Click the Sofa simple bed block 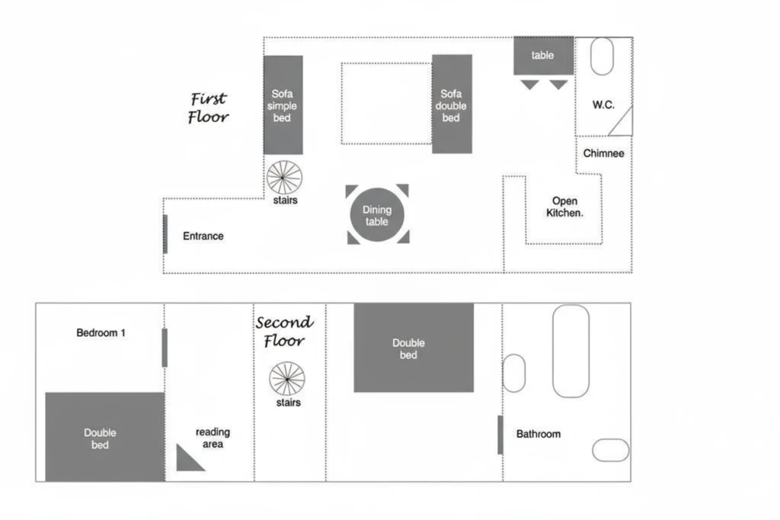click(283, 104)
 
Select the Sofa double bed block click(452, 104)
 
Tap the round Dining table click(377, 215)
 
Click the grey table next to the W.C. click(544, 56)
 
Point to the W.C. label click(603, 104)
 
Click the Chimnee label click(603, 153)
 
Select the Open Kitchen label click(564, 207)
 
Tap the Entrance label click(203, 236)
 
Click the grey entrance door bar click(165, 234)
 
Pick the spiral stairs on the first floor click(284, 178)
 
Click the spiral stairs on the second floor click(287, 379)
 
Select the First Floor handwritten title click(209, 108)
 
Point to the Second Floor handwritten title click(285, 331)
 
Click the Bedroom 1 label click(101, 332)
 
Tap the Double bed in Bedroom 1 click(105, 437)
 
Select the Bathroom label click(539, 434)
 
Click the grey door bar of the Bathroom click(500, 435)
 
